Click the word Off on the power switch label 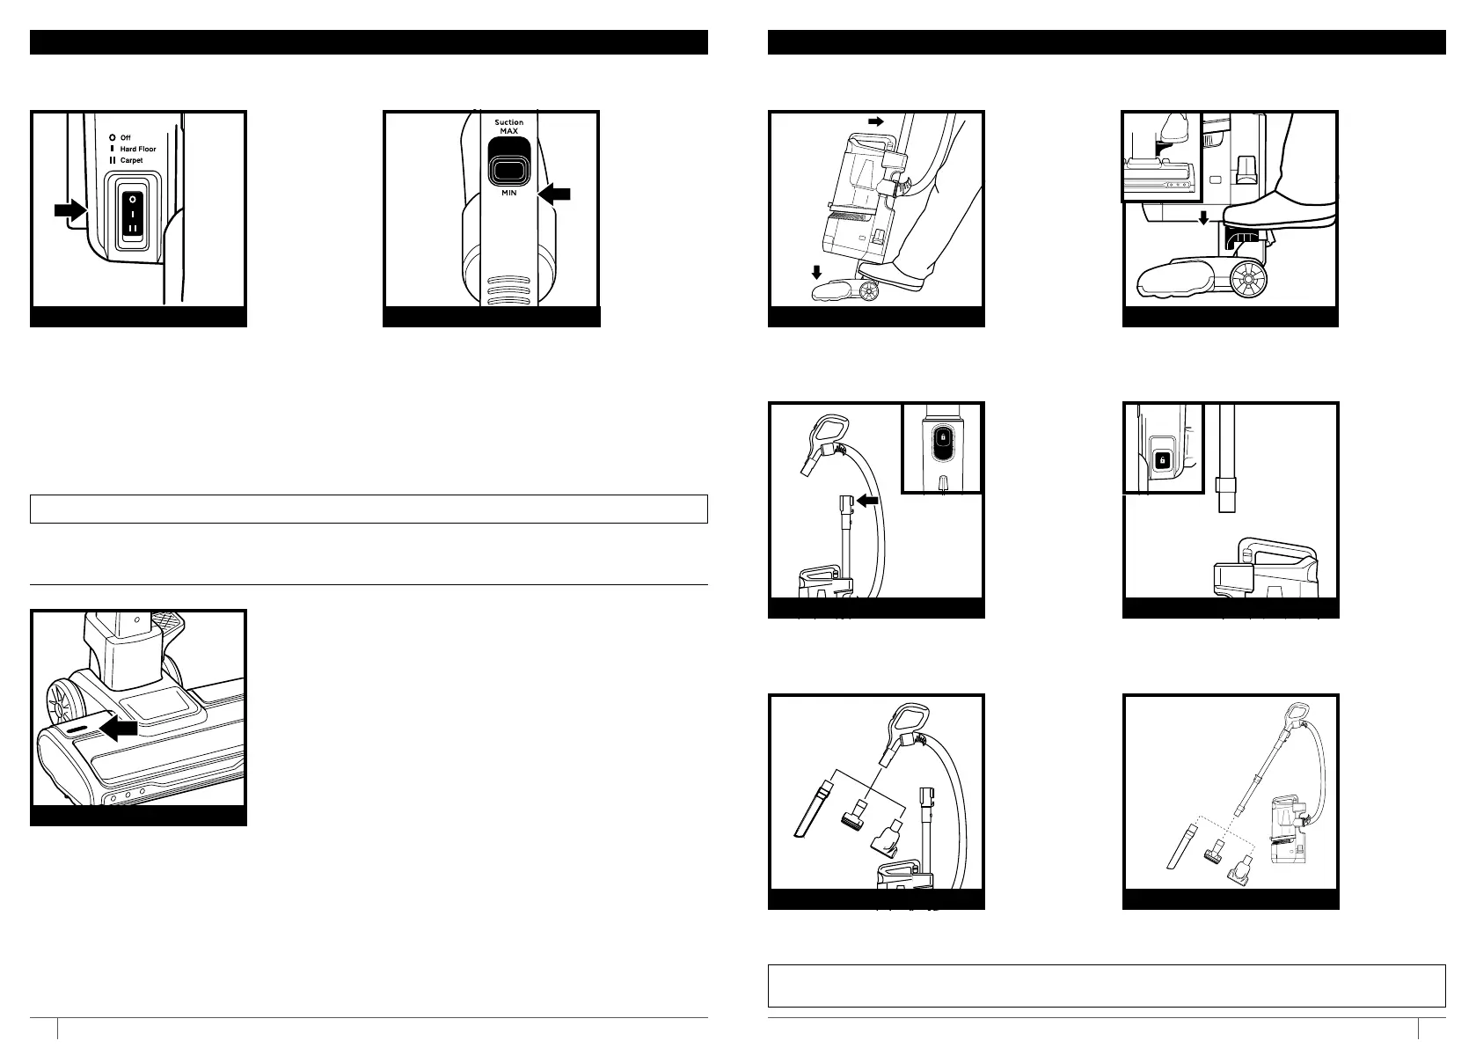125,138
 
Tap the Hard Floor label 138,149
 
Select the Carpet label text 131,160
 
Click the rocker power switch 133,214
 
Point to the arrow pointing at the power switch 70,211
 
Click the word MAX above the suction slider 508,131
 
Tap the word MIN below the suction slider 508,193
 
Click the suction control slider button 508,171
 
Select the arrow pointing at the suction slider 553,194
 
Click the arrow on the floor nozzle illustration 118,729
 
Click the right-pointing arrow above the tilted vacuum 876,122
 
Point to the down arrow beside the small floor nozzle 816,272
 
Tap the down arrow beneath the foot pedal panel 1203,217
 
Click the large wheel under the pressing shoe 1247,279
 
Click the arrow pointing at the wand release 867,501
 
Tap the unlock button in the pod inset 1162,460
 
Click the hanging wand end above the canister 1226,495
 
